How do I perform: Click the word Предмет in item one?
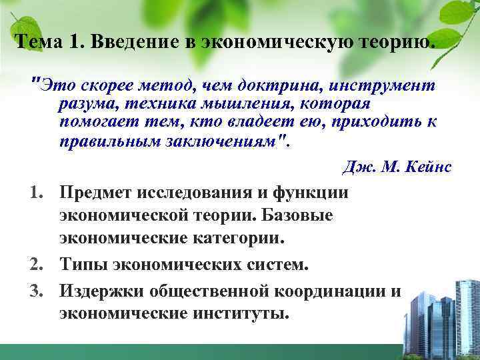coord(94,193)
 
